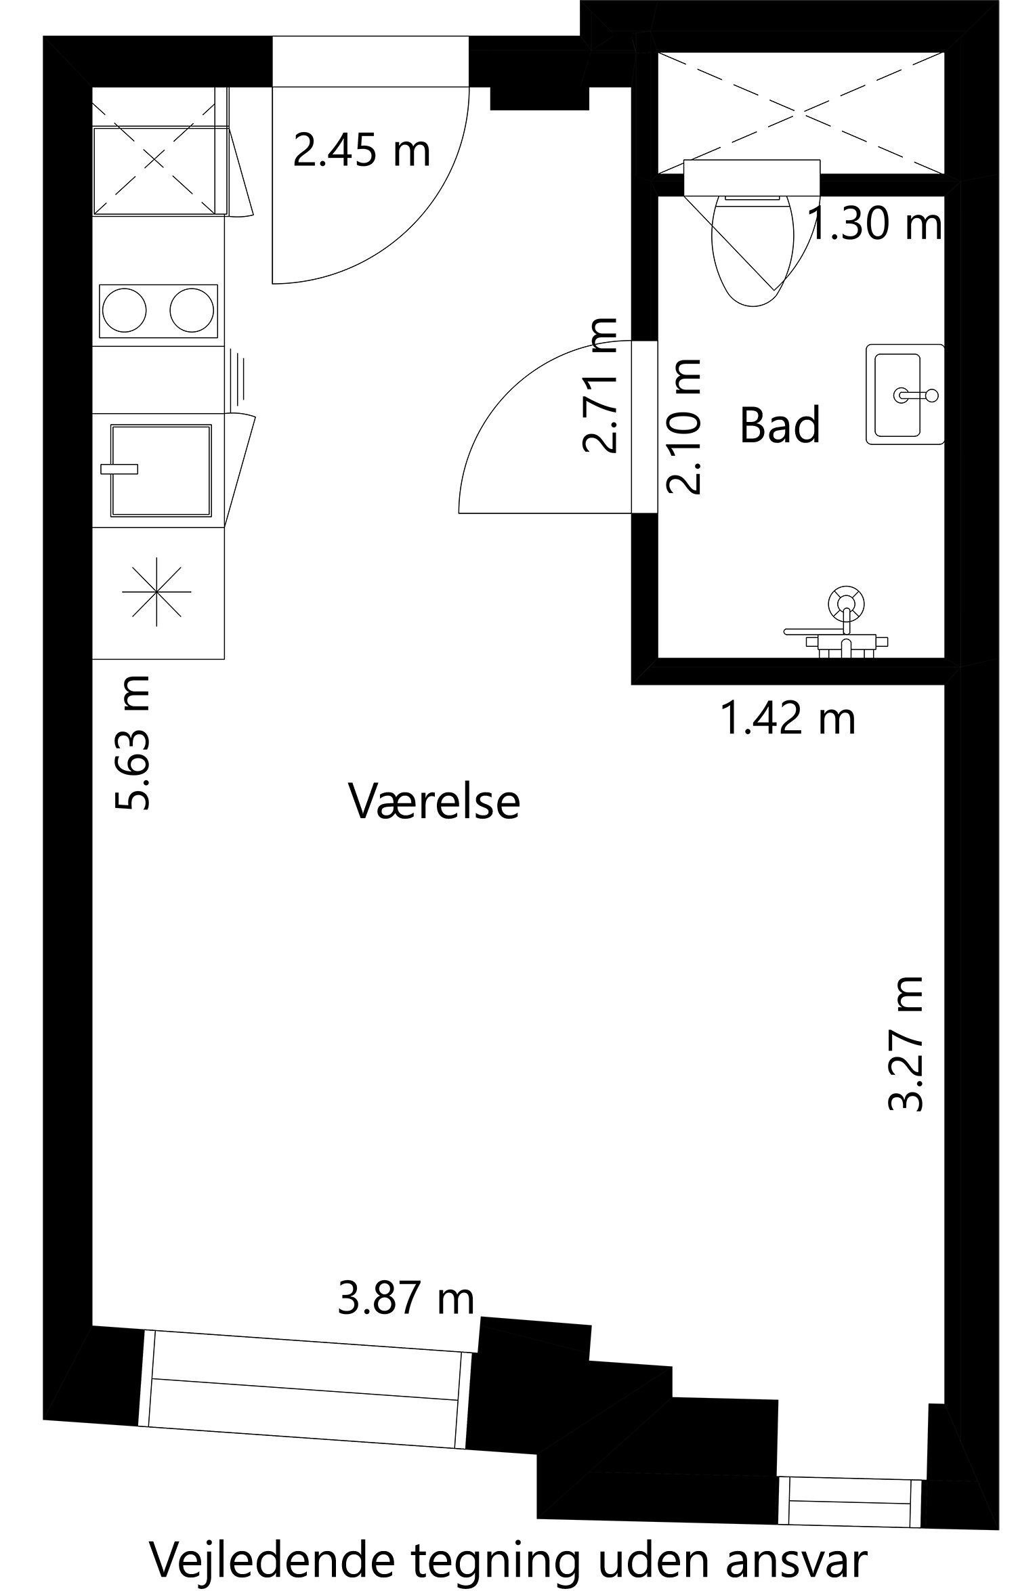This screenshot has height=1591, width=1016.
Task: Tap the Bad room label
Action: (x=780, y=425)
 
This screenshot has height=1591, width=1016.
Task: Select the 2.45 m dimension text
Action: (x=362, y=150)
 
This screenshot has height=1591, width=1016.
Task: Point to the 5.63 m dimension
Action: (x=133, y=742)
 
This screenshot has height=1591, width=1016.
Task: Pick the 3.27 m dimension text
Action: (x=905, y=1044)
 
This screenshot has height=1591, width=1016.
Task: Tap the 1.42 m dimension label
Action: (x=788, y=719)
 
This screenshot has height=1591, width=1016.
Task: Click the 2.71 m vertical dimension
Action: (x=600, y=385)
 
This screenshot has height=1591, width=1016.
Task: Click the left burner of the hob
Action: (x=123, y=312)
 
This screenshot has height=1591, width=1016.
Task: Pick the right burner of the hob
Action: (x=192, y=312)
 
